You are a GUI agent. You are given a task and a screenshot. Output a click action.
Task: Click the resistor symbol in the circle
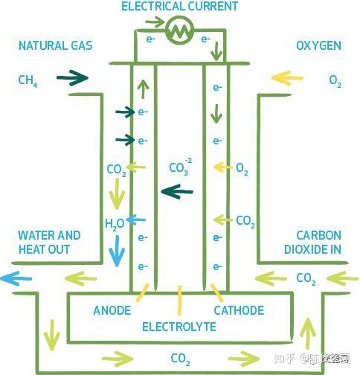click(x=180, y=31)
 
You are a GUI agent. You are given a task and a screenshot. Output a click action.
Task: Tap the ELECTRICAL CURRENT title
click(x=179, y=7)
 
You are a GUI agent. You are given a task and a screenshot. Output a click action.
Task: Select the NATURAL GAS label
click(x=56, y=45)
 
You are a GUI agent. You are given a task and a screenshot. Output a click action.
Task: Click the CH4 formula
click(x=28, y=81)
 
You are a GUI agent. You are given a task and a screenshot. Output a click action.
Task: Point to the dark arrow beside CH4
click(x=72, y=78)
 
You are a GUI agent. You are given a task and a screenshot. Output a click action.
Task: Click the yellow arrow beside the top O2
click(x=287, y=78)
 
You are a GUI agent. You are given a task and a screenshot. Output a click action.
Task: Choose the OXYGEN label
click(x=319, y=45)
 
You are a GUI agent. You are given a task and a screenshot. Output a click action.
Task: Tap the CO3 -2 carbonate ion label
click(x=181, y=167)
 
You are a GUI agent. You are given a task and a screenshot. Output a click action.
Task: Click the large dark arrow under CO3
click(x=177, y=191)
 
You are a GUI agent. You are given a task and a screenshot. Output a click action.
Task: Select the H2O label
click(x=115, y=224)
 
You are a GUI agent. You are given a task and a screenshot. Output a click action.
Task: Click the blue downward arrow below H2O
click(x=117, y=251)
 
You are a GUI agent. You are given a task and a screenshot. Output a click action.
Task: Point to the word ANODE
click(x=112, y=310)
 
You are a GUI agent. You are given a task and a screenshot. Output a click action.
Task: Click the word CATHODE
click(x=239, y=310)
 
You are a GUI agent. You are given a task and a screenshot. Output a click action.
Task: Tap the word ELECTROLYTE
click(x=179, y=327)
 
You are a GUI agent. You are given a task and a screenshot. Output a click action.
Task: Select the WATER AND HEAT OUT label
click(x=49, y=243)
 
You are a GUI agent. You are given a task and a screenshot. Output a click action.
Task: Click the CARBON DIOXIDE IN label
click(x=313, y=243)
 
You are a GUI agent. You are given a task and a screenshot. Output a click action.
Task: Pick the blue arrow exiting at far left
click(x=16, y=278)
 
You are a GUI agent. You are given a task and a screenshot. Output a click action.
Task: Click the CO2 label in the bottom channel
click(x=181, y=359)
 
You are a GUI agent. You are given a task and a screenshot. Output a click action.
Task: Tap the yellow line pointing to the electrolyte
click(x=179, y=301)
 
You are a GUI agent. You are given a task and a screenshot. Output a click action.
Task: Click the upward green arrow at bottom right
click(x=308, y=333)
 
